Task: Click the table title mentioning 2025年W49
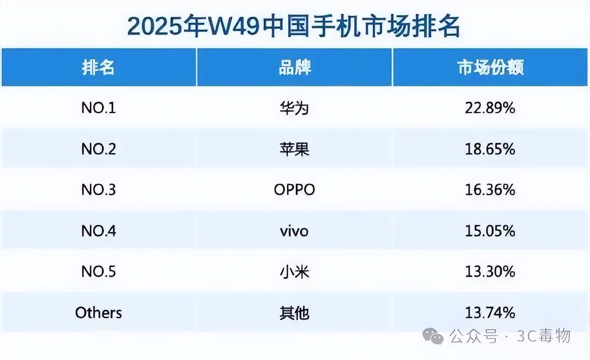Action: (x=294, y=27)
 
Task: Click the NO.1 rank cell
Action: (x=98, y=108)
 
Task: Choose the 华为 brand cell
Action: (x=295, y=108)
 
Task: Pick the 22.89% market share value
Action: (x=490, y=108)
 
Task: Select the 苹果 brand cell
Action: (x=295, y=149)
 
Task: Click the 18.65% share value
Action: (x=490, y=149)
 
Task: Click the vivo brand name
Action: (x=294, y=231)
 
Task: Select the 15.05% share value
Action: (x=490, y=231)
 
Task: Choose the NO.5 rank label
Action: (x=98, y=272)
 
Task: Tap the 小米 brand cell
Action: (x=295, y=272)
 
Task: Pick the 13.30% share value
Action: (x=490, y=272)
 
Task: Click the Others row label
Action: (x=98, y=313)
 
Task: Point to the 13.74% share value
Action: (x=490, y=313)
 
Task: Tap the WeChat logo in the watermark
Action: (x=433, y=336)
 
